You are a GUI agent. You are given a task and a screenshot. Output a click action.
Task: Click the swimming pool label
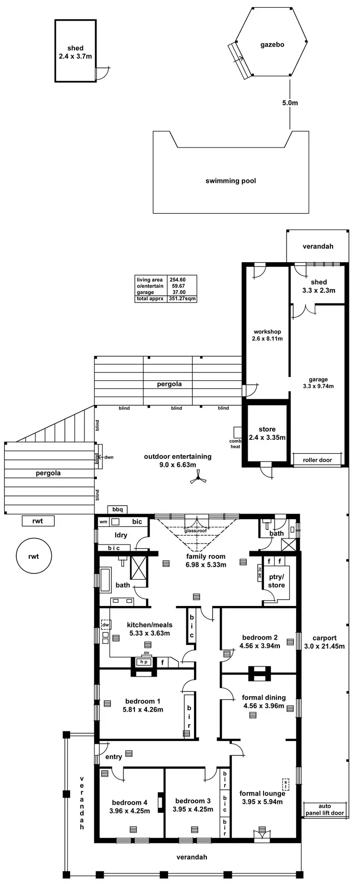[x=230, y=181]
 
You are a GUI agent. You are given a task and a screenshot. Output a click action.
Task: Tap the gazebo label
[x=272, y=45]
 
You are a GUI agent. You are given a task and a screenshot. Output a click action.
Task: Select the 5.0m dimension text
[x=290, y=103]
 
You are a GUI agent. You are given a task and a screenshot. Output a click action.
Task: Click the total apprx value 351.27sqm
[x=182, y=298]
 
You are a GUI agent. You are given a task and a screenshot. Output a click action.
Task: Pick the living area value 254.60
[x=177, y=279]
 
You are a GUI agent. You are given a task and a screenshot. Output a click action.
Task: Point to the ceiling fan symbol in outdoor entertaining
[x=198, y=478]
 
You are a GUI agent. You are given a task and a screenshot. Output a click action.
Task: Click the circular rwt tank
[x=34, y=557]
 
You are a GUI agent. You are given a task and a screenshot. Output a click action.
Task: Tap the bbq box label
[x=118, y=509]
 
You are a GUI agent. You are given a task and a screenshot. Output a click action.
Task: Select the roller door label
[x=317, y=460]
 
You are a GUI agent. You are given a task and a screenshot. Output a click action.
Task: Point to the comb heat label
[x=235, y=444]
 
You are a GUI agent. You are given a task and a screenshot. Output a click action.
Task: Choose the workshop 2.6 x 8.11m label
[x=267, y=335]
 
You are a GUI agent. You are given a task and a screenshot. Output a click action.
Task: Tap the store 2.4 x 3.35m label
[x=267, y=433]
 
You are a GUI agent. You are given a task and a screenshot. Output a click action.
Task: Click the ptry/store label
[x=276, y=581]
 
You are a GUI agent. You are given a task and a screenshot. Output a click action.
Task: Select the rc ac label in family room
[x=260, y=572]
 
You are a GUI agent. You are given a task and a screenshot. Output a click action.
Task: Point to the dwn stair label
[x=109, y=457]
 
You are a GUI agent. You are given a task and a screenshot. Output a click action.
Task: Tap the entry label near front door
[x=114, y=757]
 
